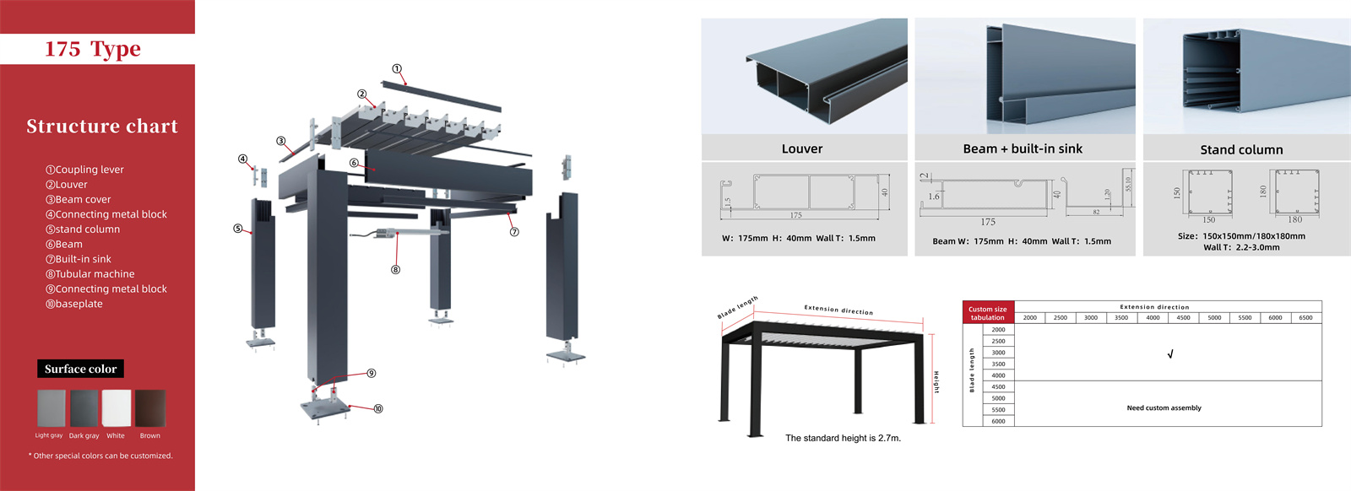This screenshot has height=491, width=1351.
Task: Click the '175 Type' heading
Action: pyautogui.click(x=93, y=49)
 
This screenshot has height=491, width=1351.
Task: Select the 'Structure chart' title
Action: pyautogui.click(x=102, y=127)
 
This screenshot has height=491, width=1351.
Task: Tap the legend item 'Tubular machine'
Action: pyautogui.click(x=90, y=274)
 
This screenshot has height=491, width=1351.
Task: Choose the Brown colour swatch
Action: pyautogui.click(x=150, y=408)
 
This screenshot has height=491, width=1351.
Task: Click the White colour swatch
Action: pyautogui.click(x=117, y=408)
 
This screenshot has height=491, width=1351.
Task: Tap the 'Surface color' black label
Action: pyautogui.click(x=81, y=369)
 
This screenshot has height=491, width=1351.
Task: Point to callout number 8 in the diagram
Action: pyautogui.click(x=395, y=270)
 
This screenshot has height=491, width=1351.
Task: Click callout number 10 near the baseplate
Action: pyautogui.click(x=378, y=408)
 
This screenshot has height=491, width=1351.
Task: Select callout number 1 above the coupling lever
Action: pyautogui.click(x=397, y=69)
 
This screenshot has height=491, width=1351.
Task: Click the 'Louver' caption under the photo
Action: pyautogui.click(x=802, y=148)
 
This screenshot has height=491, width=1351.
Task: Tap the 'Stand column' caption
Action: pyautogui.click(x=1241, y=149)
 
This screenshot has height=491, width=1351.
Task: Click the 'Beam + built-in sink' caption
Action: pyautogui.click(x=1023, y=148)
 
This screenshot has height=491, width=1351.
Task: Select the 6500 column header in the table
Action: pyautogui.click(x=1305, y=318)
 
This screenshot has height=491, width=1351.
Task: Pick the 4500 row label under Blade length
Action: pyautogui.click(x=998, y=386)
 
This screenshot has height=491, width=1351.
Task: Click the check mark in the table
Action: pyautogui.click(x=1170, y=354)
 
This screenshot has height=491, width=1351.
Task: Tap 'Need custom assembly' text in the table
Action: pyautogui.click(x=1164, y=407)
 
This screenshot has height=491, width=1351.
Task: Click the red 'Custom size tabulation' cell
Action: pyautogui.click(x=987, y=313)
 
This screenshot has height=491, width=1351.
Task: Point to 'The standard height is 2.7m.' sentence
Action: pyautogui.click(x=843, y=438)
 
